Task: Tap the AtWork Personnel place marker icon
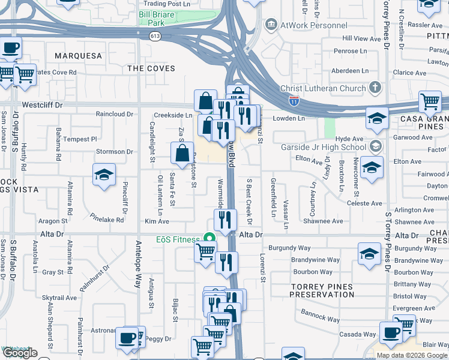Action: click(271, 25)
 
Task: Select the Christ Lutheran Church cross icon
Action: click(375, 88)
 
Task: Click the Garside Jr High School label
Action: click(323, 147)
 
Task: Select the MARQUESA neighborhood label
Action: click(79, 56)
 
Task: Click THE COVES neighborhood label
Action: click(151, 68)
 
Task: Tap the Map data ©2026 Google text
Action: click(412, 355)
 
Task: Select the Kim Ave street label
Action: click(157, 221)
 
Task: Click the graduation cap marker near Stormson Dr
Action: click(104, 175)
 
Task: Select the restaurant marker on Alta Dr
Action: click(225, 220)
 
